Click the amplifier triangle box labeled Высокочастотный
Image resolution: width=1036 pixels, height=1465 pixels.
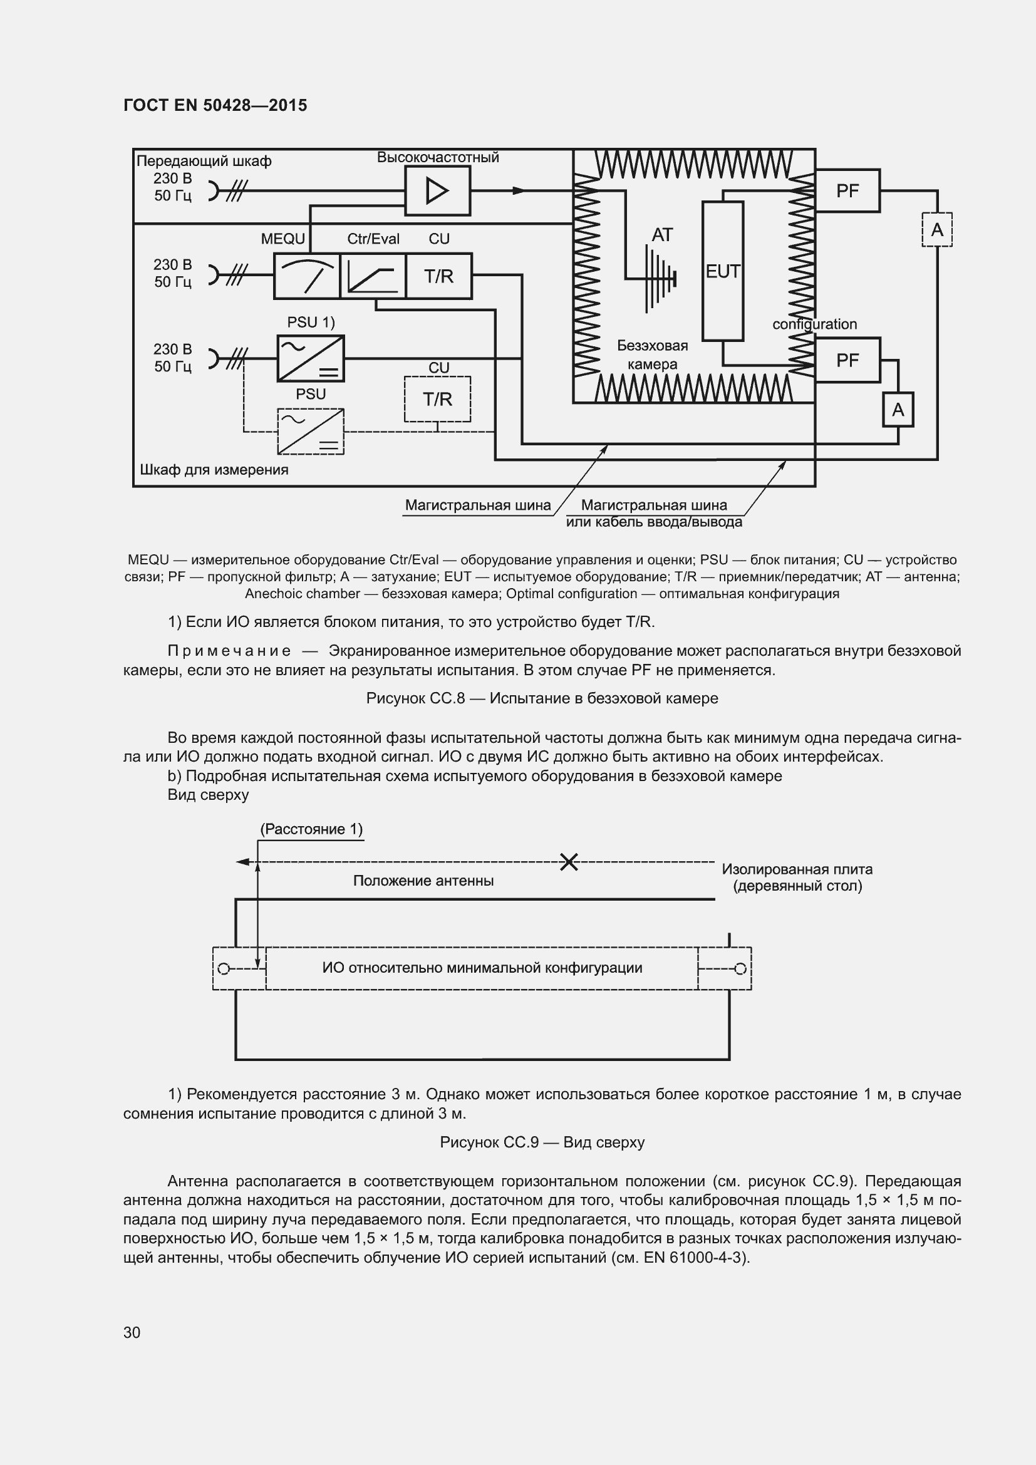tap(437, 191)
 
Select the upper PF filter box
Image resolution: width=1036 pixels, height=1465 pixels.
tap(847, 191)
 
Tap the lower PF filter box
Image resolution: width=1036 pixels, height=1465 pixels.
tap(847, 361)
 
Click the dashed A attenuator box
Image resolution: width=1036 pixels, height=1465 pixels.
tap(936, 230)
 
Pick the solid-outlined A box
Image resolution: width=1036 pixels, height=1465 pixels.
tap(898, 410)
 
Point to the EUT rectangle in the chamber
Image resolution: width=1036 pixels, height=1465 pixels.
tap(722, 271)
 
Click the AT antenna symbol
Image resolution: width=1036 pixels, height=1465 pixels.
tap(657, 278)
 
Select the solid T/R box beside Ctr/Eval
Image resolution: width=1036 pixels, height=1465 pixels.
tap(438, 276)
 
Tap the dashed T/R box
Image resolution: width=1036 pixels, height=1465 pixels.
tap(437, 400)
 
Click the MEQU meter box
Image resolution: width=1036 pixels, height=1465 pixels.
tap(307, 276)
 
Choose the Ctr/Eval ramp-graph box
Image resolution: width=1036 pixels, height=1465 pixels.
tap(373, 276)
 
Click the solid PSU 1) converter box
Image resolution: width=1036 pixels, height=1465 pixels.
tap(311, 359)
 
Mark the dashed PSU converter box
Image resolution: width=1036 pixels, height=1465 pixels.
tap(311, 432)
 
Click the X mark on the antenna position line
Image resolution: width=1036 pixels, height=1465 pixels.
tap(568, 862)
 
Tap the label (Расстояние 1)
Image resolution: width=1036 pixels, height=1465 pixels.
tap(311, 829)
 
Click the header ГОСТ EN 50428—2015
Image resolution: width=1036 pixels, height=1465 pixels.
tap(215, 105)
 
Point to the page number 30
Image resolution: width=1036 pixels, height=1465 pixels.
tap(132, 1332)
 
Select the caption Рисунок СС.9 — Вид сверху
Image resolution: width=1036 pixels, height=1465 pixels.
tap(542, 1142)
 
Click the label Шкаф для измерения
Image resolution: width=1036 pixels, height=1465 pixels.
tap(214, 470)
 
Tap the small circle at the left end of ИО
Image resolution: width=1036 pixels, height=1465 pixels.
tap(223, 969)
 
